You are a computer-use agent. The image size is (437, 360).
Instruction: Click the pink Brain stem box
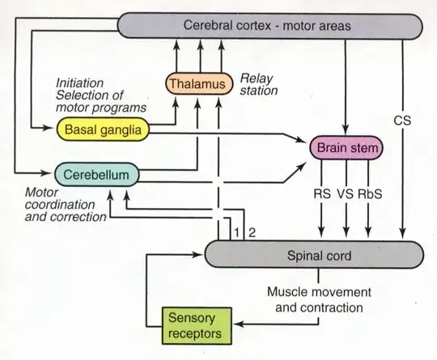[346, 148]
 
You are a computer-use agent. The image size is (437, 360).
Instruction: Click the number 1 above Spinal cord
[235, 233]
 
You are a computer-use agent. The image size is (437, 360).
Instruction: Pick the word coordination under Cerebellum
[57, 205]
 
